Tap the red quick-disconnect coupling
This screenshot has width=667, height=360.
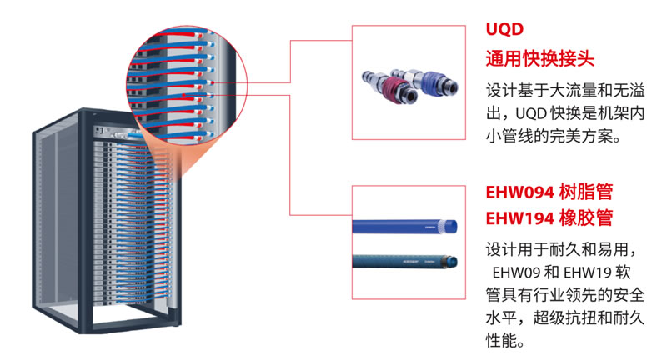pyautogui.click(x=389, y=82)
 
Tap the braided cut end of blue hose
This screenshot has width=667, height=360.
pyautogui.click(x=453, y=225)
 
